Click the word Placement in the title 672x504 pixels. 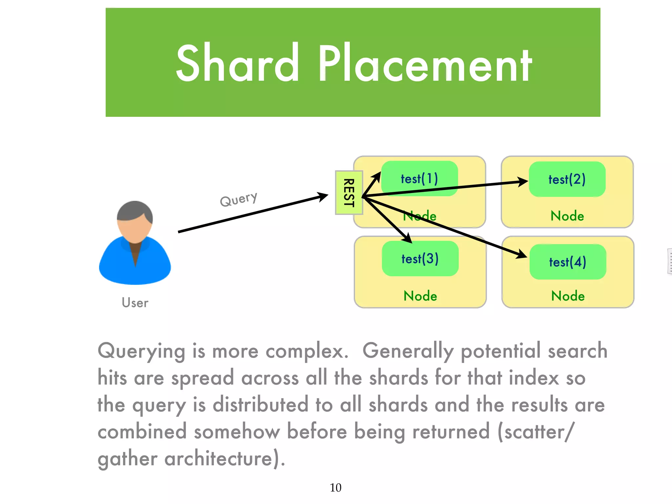425,63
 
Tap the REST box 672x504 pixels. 349,193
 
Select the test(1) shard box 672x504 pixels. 419,178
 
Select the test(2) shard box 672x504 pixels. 567,179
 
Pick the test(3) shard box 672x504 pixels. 420,259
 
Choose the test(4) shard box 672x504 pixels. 568,262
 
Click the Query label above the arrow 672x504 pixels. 239,199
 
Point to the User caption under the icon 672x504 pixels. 135,303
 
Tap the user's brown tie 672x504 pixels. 135,253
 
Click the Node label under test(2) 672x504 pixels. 567,216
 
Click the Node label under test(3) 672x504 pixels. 420,296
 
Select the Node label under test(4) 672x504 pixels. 568,296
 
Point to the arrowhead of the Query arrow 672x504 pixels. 323,196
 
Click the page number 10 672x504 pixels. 335,488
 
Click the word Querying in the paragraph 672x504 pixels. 141,351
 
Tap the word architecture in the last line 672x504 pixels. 218,458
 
